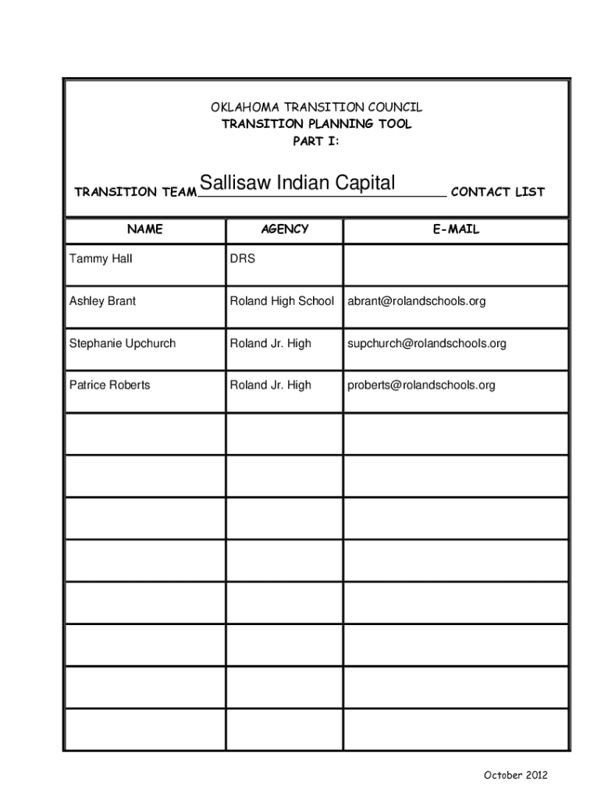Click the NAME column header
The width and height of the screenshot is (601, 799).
[145, 229]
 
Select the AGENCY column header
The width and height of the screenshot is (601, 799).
[284, 229]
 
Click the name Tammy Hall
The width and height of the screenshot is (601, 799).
[101, 259]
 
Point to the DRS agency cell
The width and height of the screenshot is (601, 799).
[242, 259]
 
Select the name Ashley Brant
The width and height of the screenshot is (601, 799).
[102, 301]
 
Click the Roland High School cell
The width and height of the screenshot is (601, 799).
[282, 301]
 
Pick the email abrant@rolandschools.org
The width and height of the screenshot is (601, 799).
[417, 301]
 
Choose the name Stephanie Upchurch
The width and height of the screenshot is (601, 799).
[123, 343]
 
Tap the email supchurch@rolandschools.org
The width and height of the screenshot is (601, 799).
[427, 343]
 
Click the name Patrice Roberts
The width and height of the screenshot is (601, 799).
[110, 385]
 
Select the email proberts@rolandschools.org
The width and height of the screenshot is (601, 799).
[421, 385]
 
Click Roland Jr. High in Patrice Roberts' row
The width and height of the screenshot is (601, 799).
[270, 385]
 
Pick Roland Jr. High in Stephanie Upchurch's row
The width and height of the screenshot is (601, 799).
[270, 343]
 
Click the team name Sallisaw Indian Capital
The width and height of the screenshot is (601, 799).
[297, 183]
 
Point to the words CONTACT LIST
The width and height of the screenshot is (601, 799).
[498, 192]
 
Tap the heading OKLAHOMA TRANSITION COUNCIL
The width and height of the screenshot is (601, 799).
[316, 108]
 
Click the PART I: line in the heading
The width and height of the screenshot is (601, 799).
[316, 141]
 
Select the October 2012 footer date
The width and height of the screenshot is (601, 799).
[516, 775]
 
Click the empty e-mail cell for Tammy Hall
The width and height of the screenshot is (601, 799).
[455, 264]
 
